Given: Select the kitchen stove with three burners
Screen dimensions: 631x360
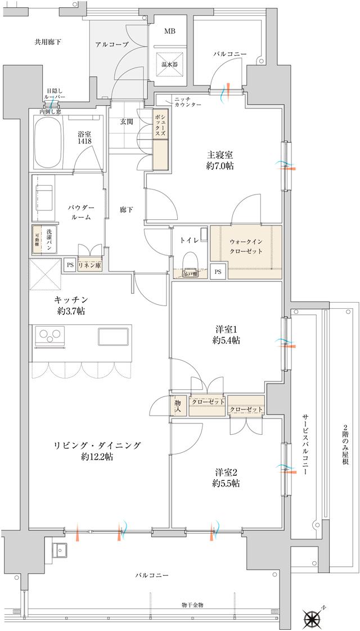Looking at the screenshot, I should coord(49,336).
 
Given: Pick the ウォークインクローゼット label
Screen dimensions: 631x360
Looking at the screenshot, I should coord(246,246).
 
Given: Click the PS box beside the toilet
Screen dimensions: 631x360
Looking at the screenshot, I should coord(218,272).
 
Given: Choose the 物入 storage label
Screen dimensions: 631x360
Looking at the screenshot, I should coord(178,405).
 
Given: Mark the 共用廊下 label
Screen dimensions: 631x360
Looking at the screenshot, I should coord(48,42).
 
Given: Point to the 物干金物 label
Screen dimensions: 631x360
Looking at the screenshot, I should coord(192,605).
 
